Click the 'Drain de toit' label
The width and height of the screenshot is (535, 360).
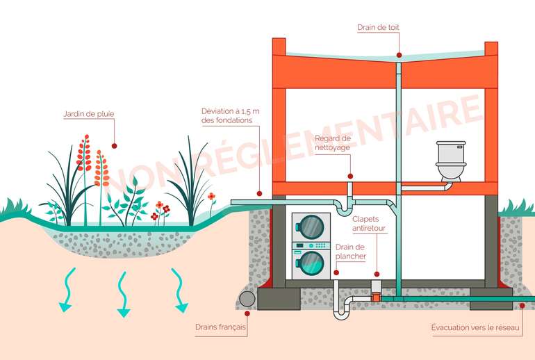pos(378,28)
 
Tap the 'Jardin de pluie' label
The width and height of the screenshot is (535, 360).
pos(88,114)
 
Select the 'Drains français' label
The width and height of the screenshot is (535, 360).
pos(221,327)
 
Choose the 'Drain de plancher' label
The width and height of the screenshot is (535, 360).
pos(350,252)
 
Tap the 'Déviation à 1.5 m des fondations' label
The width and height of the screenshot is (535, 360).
pos(227,115)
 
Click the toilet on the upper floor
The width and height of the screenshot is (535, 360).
pos(450,162)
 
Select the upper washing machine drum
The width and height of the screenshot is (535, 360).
pos(311,227)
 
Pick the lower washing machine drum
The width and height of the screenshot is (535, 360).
pos(311,263)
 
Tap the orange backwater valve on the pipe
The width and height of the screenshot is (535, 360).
pos(376,297)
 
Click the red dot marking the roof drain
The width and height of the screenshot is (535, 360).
pos(399,55)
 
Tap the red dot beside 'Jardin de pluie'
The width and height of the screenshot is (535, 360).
pos(115,146)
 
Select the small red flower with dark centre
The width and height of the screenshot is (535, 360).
pos(211,196)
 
